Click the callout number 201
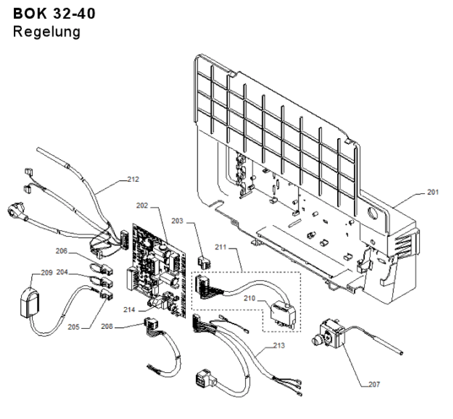433,192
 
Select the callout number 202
142,205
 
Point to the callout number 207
374,384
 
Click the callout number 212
133,179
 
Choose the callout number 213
279,346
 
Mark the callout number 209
47,273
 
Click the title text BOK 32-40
54,13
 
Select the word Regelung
46,32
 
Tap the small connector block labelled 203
204,262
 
